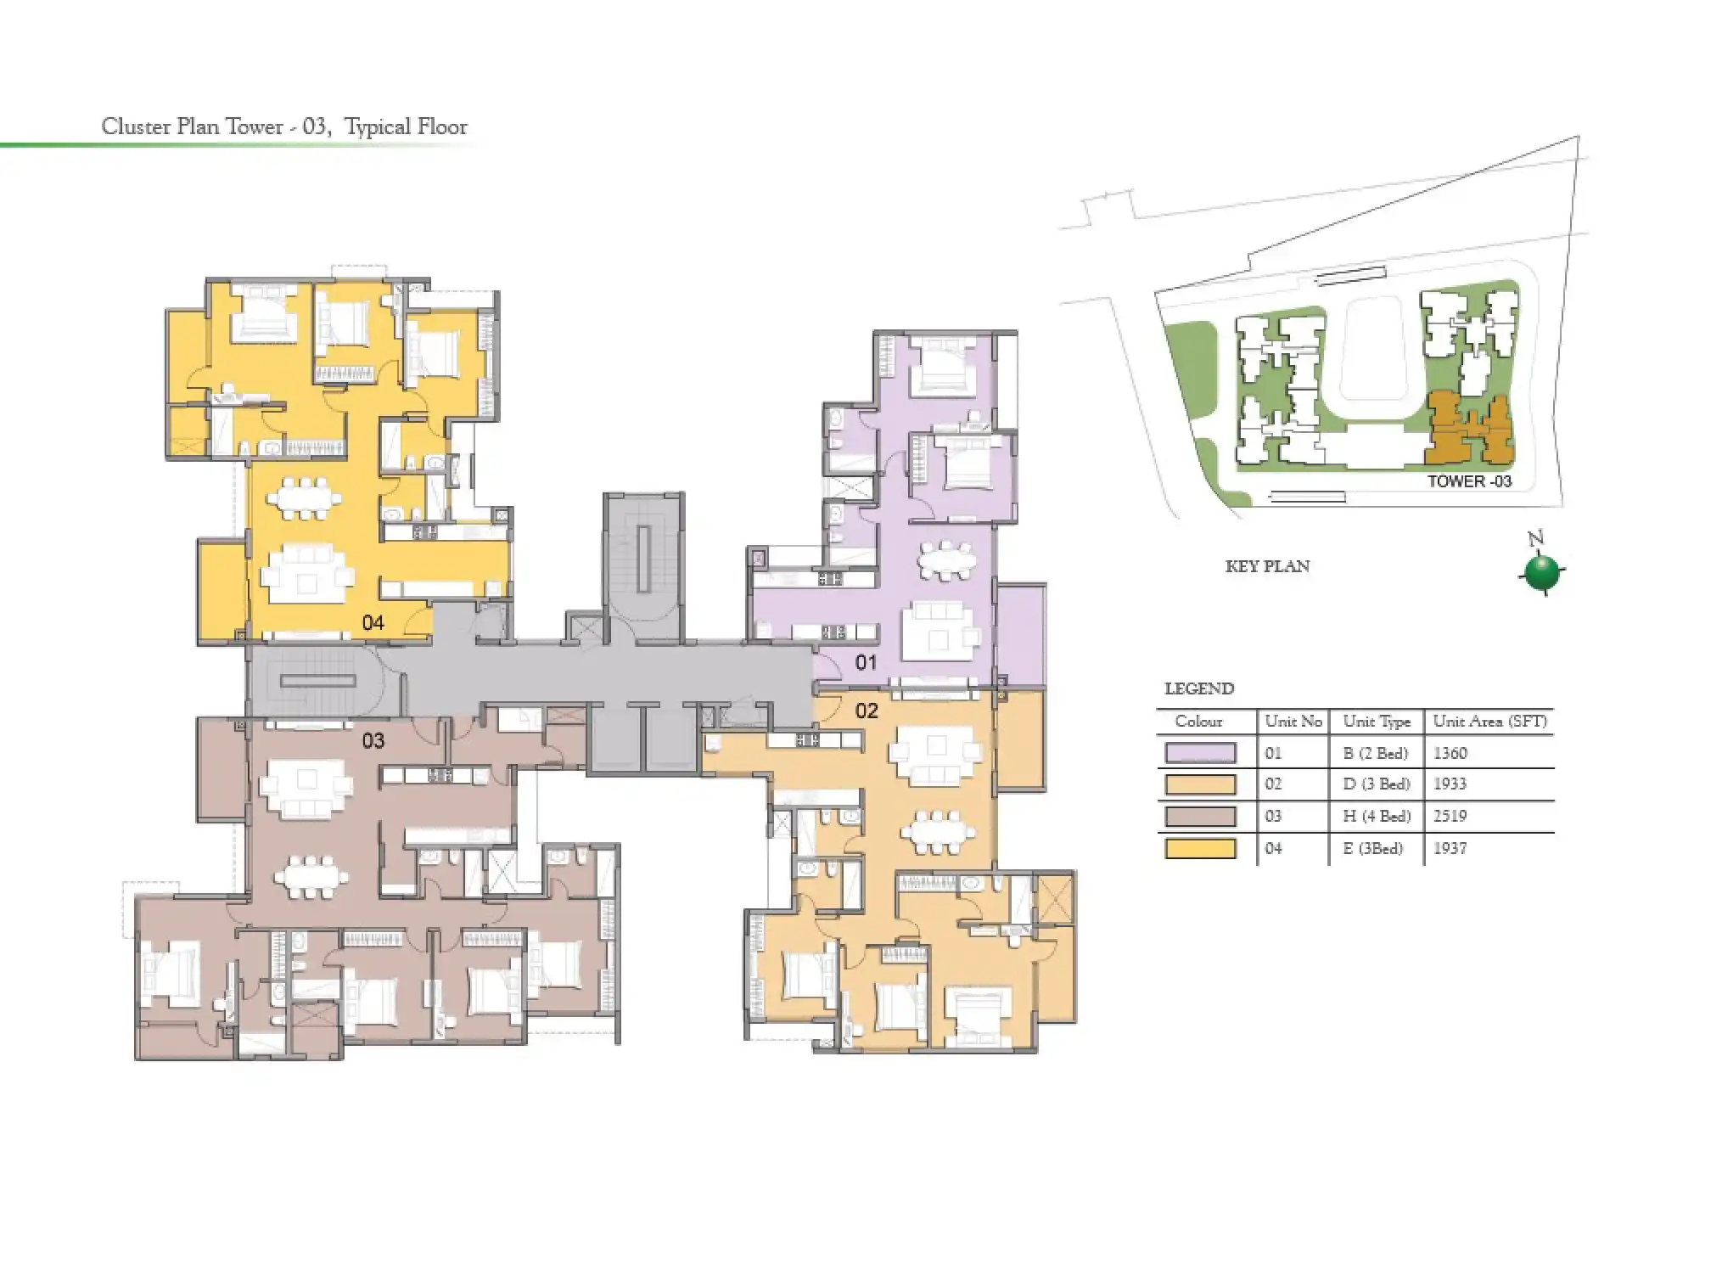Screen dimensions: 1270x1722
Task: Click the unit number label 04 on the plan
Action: coord(373,622)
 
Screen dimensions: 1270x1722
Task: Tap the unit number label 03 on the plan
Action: coord(373,740)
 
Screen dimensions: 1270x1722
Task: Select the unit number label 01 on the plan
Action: coord(866,662)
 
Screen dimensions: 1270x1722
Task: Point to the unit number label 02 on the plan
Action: coord(866,711)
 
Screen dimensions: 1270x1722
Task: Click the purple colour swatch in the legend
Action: coord(1200,753)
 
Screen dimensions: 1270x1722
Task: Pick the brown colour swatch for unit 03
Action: coord(1200,816)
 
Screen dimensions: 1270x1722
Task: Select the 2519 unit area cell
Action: coord(1450,816)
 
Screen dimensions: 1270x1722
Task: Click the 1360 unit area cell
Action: coord(1450,753)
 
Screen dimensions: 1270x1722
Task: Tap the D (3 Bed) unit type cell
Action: coord(1376,784)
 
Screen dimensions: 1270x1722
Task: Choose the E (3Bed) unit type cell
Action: coord(1372,848)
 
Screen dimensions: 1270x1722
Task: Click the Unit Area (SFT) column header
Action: coord(1489,722)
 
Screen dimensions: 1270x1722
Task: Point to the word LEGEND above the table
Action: coord(1198,688)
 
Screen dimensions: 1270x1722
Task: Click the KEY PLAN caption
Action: coord(1267,566)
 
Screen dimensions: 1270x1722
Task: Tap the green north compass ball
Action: coord(1541,572)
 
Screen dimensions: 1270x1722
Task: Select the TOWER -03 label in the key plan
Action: coord(1468,481)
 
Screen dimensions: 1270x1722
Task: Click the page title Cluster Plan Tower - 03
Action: coord(284,126)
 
